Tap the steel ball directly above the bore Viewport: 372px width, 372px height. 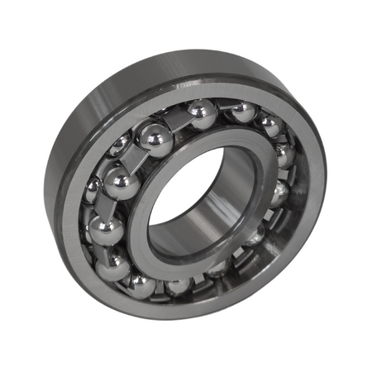point(201,114)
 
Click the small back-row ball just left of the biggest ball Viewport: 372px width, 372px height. point(120,145)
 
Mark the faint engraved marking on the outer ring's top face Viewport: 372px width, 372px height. point(187,83)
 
